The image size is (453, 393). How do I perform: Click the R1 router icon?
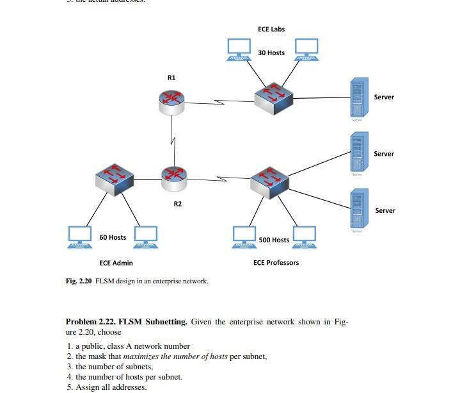click(x=171, y=101)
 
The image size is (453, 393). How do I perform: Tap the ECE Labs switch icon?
click(x=273, y=98)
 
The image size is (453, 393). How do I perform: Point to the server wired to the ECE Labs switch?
click(x=357, y=97)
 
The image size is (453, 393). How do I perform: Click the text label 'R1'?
click(x=171, y=77)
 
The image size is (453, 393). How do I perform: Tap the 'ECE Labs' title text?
click(x=271, y=29)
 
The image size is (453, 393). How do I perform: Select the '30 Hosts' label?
click(x=271, y=53)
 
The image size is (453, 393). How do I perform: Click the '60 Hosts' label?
click(x=113, y=237)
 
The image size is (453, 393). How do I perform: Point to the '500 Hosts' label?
click(x=274, y=240)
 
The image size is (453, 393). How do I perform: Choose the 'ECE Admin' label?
click(x=116, y=263)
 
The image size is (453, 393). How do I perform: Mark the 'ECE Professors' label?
click(x=276, y=263)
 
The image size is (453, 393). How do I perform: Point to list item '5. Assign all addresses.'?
click(x=106, y=387)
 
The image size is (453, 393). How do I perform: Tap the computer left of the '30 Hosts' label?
click(x=239, y=47)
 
